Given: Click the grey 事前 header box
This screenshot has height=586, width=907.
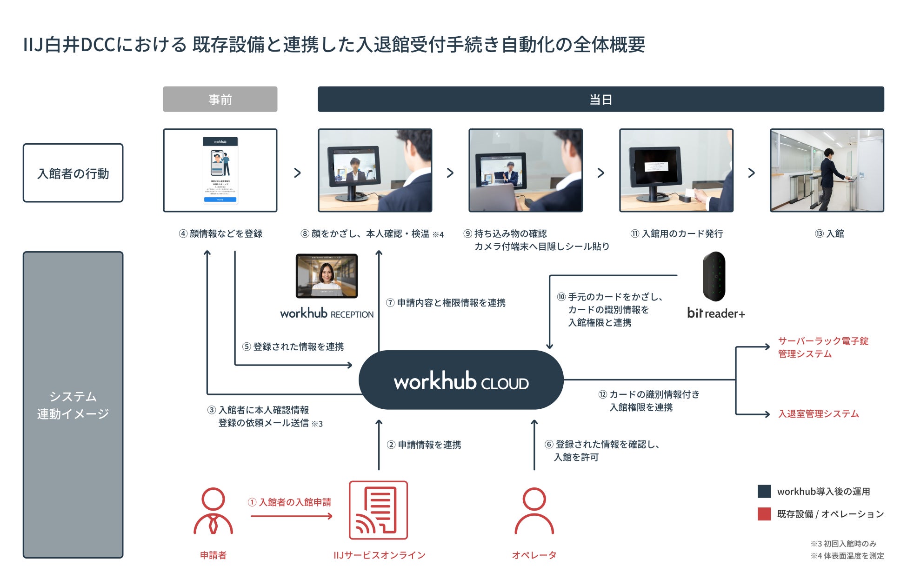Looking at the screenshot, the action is coord(220,99).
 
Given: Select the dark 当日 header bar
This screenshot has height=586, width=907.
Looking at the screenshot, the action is coord(600,99).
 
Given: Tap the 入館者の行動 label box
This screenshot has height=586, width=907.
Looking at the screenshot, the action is coord(73,173).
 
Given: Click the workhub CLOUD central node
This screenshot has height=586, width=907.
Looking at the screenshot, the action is coord(461,380).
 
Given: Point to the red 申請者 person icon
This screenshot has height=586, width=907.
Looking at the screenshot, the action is coord(213,511).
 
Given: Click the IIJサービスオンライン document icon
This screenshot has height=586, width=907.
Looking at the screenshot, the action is coord(378,510).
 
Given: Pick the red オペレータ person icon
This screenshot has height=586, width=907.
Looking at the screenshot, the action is coord(534,511).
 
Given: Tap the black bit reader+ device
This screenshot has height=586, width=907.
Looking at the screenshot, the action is coord(714,277).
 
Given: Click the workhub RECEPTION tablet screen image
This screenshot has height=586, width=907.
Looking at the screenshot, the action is coord(327,276).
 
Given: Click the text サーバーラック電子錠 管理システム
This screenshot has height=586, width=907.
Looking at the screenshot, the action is coord(823,347).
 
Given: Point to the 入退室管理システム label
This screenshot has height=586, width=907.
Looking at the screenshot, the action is coord(818,414).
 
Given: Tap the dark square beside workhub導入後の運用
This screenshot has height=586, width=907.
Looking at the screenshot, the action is coord(764,491).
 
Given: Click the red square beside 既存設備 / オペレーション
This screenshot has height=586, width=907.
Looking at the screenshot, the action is coord(764,513).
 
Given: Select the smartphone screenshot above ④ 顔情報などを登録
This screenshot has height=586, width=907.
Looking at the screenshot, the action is coord(220,170).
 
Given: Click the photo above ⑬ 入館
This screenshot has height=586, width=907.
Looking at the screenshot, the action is coord(827,170).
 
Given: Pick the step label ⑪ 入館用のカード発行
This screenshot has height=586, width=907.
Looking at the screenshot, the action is coord(677,233).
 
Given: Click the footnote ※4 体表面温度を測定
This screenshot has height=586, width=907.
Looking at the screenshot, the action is coord(847,556).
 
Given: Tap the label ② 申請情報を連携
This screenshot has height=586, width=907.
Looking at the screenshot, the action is coord(424,445).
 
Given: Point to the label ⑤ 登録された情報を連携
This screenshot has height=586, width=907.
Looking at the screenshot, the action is coord(293,346).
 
